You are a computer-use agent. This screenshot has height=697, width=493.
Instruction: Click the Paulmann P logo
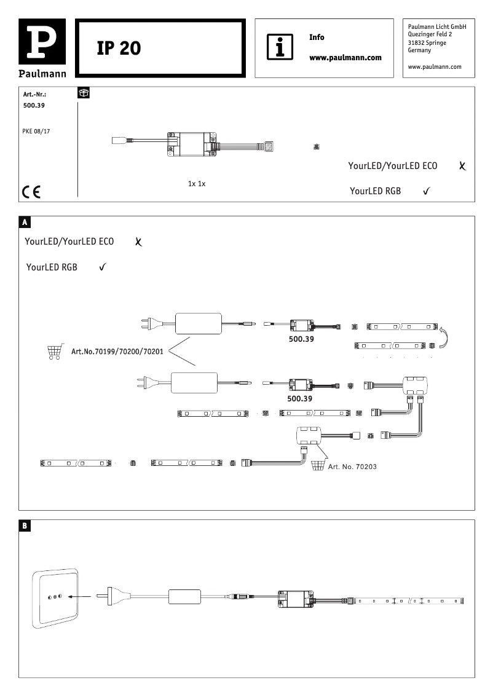42,42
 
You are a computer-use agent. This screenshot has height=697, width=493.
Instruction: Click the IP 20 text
119,49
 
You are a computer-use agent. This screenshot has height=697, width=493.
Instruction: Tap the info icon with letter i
279,47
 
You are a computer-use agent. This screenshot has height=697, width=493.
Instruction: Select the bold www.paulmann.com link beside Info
345,58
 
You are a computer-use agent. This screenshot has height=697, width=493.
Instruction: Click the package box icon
84,93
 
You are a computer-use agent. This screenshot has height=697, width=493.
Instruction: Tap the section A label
25,221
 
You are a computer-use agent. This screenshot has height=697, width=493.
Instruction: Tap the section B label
25,526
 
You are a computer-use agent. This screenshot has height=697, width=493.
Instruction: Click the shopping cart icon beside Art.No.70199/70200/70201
54,352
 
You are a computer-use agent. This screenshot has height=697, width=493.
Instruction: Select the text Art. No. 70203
352,467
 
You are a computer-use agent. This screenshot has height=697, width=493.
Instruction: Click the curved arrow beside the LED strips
448,337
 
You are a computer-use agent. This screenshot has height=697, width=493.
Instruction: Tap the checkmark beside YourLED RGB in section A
103,267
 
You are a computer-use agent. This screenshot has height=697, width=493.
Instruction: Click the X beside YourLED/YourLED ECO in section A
138,243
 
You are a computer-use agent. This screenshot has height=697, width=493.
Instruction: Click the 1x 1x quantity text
196,184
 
